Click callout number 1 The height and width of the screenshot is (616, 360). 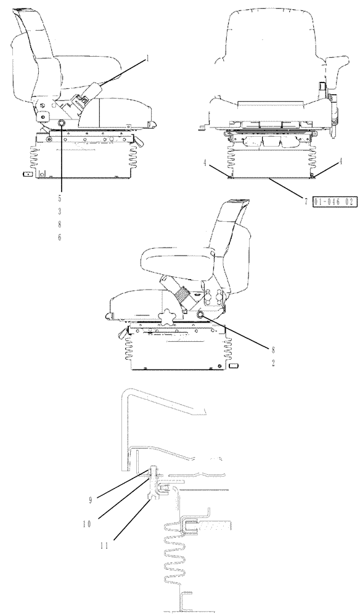148,59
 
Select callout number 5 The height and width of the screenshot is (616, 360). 60,199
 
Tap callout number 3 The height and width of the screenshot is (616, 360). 60,211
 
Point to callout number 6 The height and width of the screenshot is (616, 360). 60,237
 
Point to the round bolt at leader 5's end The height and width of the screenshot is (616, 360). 62,124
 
